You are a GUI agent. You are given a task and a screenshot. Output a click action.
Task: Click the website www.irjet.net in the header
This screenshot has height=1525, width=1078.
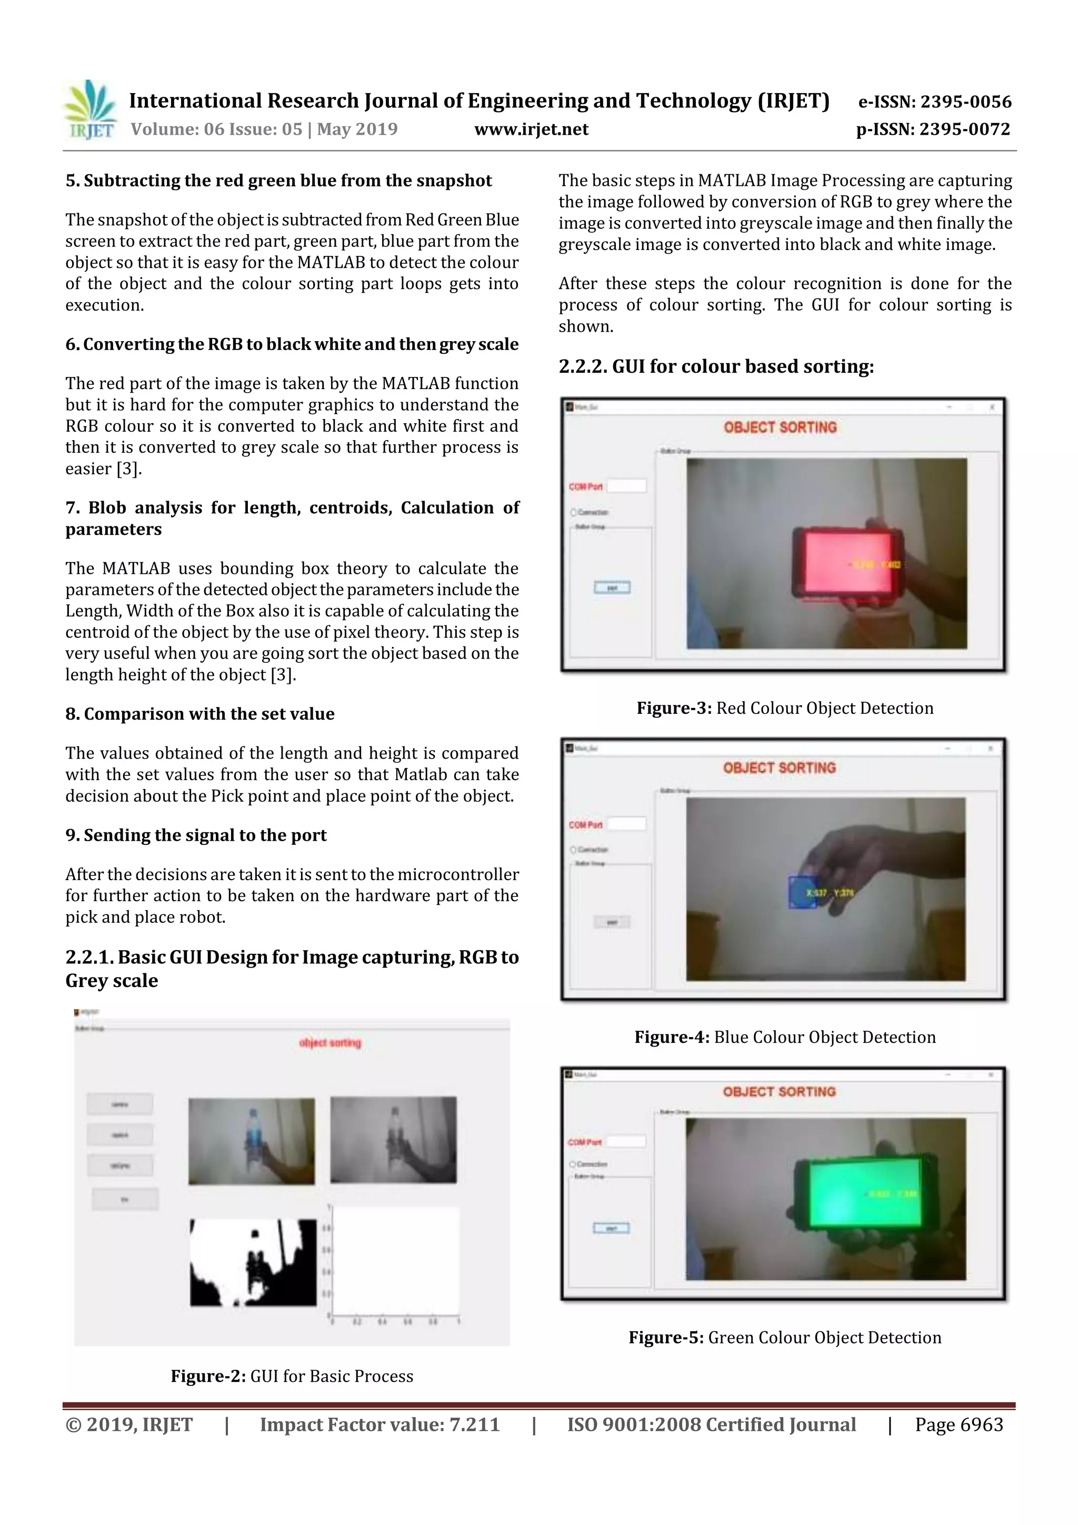tap(531, 129)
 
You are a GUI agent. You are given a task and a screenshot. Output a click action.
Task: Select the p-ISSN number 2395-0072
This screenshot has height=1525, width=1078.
tap(964, 129)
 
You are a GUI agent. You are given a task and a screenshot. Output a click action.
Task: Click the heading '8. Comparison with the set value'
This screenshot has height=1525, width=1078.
tap(199, 714)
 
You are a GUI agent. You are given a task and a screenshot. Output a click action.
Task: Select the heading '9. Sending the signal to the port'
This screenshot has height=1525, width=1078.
tap(196, 835)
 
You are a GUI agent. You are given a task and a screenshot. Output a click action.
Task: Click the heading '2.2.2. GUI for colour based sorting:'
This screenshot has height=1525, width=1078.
tap(716, 366)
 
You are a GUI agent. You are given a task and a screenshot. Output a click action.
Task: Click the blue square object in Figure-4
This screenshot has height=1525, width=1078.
tap(801, 893)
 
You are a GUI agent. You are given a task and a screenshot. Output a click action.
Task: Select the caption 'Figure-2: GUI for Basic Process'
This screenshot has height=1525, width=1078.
tap(292, 1376)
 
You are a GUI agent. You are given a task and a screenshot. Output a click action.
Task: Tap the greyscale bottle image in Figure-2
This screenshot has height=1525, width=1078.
tap(393, 1140)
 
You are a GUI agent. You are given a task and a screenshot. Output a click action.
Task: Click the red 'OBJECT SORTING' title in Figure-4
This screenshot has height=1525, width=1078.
tap(779, 768)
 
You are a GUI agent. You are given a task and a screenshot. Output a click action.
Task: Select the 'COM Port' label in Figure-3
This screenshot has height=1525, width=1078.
tap(585, 487)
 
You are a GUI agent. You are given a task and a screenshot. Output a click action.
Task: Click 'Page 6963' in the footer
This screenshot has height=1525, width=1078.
tap(959, 1424)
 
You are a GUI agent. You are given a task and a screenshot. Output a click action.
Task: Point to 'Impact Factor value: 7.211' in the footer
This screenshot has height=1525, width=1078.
tap(380, 1424)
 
